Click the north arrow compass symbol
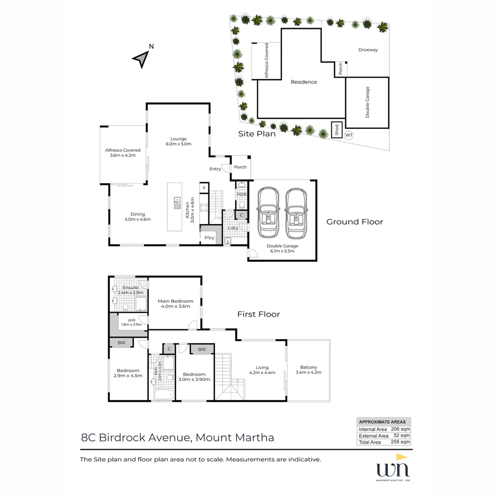pos(141,58)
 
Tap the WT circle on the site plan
pos(349,135)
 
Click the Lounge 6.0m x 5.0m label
pos(178,141)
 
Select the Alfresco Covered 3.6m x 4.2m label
pos(122,153)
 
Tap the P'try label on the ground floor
pos(209,238)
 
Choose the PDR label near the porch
pos(242,195)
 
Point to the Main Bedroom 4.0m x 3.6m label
pos(175,304)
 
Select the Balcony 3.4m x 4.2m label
pos(308,370)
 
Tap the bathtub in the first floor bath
pos(163,394)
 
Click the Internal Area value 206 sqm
pos(400,429)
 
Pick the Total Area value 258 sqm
pos(400,442)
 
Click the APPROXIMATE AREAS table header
pos(383,422)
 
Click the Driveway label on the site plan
pos(368,50)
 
